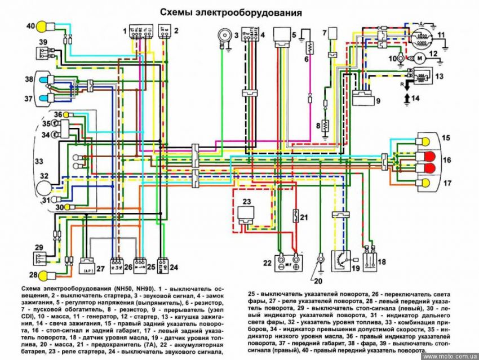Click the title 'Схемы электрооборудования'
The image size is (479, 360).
click(x=231, y=12)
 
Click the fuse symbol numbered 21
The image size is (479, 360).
click(x=294, y=216)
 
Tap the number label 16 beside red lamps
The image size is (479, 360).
click(x=446, y=161)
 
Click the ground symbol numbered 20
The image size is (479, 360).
click(x=320, y=260)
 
